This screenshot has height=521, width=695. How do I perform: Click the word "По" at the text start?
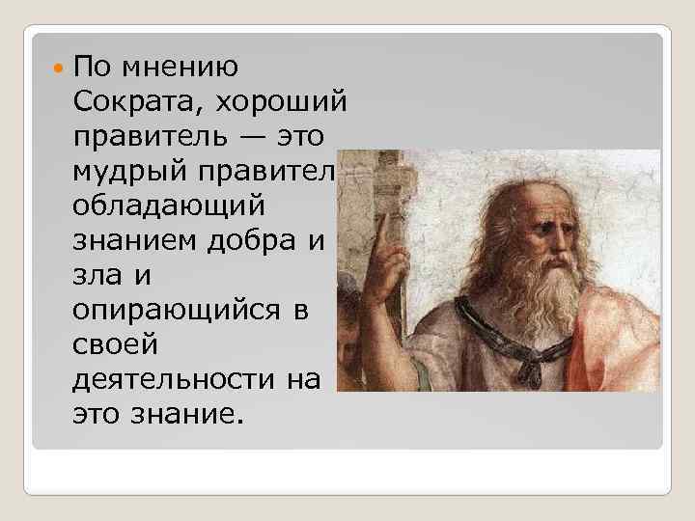coord(93,69)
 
